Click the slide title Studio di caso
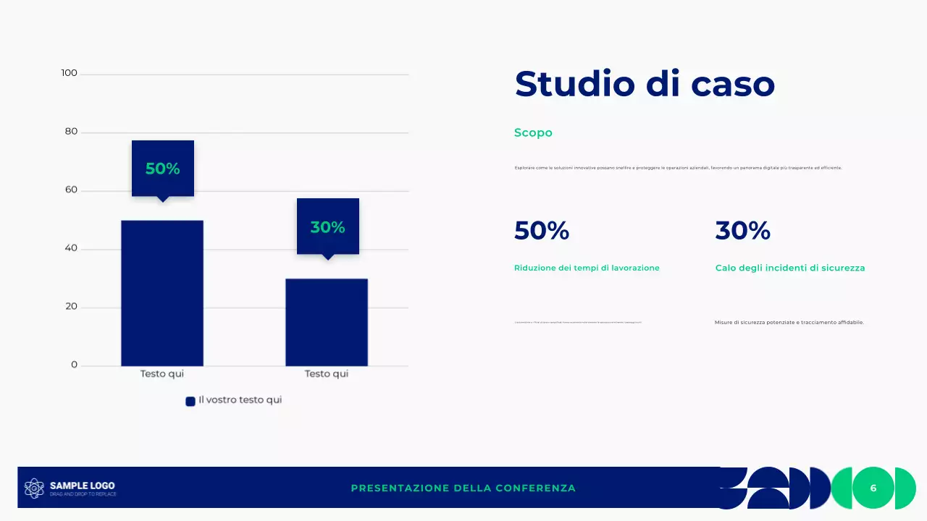coord(645,84)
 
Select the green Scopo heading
coord(533,132)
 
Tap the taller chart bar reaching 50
coord(162,293)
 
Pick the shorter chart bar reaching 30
coord(327,322)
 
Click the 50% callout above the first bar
coord(163,169)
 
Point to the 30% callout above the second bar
coord(328,226)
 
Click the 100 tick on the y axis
coord(70,73)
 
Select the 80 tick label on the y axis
coord(71,132)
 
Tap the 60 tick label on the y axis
coord(71,190)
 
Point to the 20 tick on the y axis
coord(71,307)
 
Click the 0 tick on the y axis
coord(74,365)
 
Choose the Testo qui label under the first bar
coord(162,374)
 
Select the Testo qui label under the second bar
coord(327,374)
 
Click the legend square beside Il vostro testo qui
coord(190,401)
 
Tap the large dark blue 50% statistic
coord(542,231)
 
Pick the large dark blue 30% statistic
coord(742,231)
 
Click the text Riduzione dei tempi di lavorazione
coord(587,268)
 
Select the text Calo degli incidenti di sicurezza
coord(790,268)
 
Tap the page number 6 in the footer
coord(873,488)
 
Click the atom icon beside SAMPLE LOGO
coord(34,488)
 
